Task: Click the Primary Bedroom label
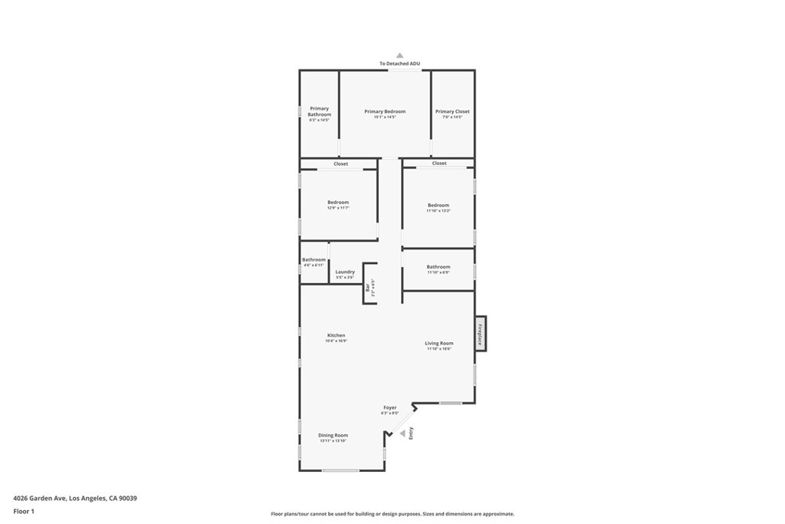click(x=385, y=112)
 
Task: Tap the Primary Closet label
click(x=452, y=112)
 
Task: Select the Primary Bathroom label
click(x=319, y=112)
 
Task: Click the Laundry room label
click(x=345, y=272)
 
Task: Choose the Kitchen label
click(x=336, y=335)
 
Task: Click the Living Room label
click(x=439, y=344)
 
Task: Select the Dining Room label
click(x=333, y=436)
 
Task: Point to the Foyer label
click(x=390, y=407)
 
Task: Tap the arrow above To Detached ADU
click(x=399, y=55)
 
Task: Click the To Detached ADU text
click(x=399, y=64)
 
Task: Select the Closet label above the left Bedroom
click(x=340, y=164)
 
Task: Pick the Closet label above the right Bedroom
click(x=439, y=163)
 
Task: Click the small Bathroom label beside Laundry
click(x=314, y=260)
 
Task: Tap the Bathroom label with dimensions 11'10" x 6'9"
click(x=438, y=267)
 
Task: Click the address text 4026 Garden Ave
click(x=75, y=498)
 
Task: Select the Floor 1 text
click(x=24, y=511)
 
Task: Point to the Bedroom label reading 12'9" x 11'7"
click(x=338, y=203)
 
